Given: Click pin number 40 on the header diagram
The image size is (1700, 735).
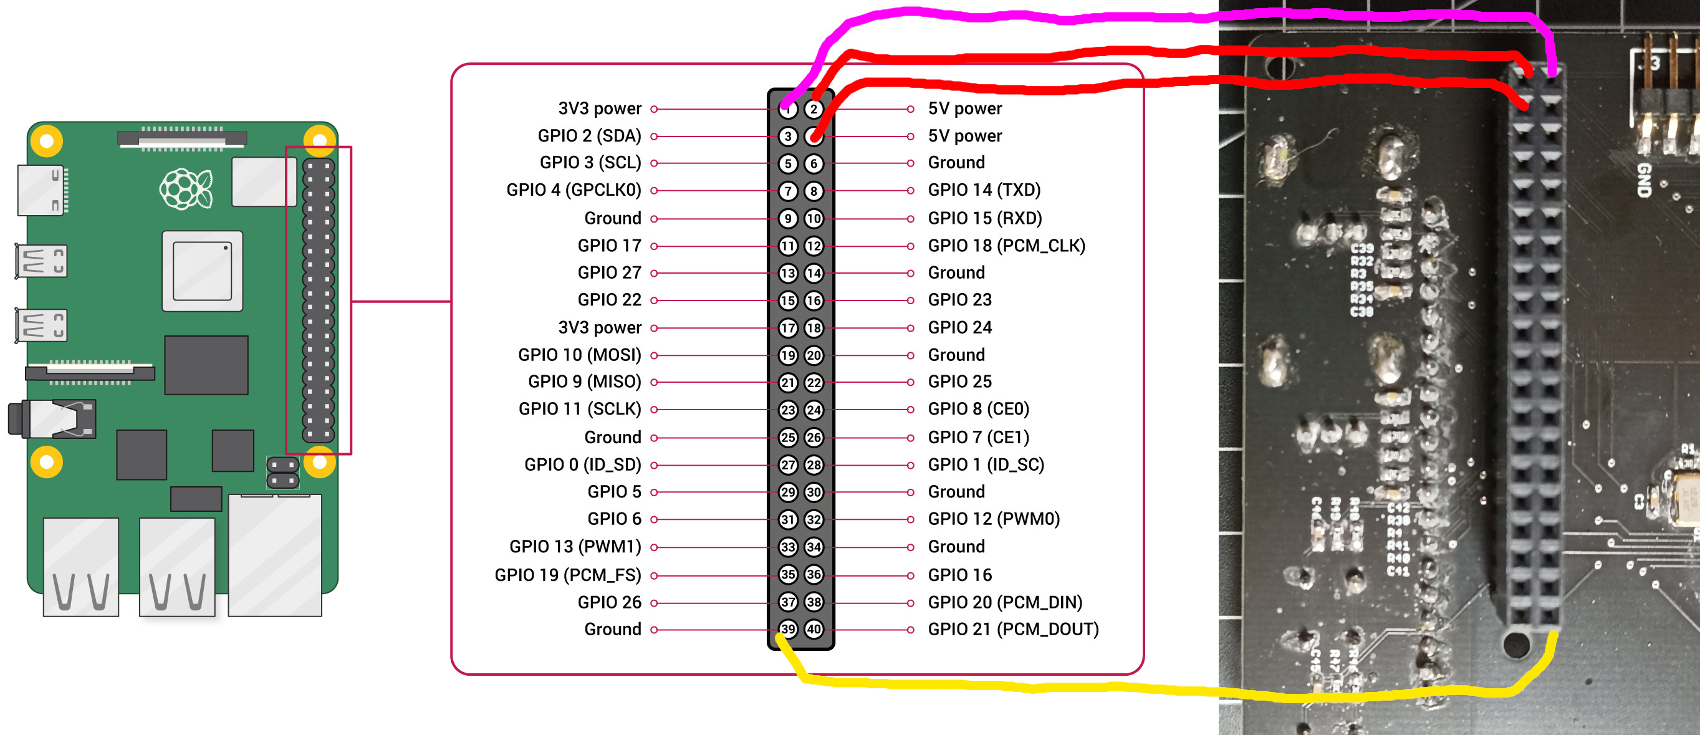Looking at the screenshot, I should click(814, 629).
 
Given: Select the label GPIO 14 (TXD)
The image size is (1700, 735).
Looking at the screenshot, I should click(983, 190).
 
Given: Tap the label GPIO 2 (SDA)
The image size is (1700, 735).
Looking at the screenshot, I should click(588, 136).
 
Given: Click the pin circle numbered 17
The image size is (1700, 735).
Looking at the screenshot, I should click(787, 328).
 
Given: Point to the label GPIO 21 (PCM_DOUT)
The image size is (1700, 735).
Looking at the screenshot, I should click(1012, 629).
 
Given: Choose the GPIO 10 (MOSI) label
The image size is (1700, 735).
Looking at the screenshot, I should click(579, 355).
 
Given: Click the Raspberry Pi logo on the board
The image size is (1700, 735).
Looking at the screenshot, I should click(186, 189).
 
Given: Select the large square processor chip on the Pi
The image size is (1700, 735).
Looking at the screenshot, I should click(202, 271).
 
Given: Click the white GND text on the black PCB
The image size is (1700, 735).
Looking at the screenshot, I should click(1643, 180).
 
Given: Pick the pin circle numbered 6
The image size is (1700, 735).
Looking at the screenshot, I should click(814, 163).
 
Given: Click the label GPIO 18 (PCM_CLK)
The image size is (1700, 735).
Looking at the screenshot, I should click(1006, 246).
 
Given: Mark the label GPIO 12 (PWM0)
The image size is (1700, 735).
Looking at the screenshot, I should click(993, 519).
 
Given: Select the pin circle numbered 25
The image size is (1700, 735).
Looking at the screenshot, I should click(787, 438).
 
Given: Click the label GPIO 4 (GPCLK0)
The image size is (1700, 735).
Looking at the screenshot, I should click(574, 190).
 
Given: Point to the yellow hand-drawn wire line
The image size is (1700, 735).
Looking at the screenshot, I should click(1122, 688).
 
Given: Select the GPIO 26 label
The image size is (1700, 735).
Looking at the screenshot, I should click(608, 602).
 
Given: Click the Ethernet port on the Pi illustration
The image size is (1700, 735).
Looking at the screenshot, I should click(274, 554).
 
